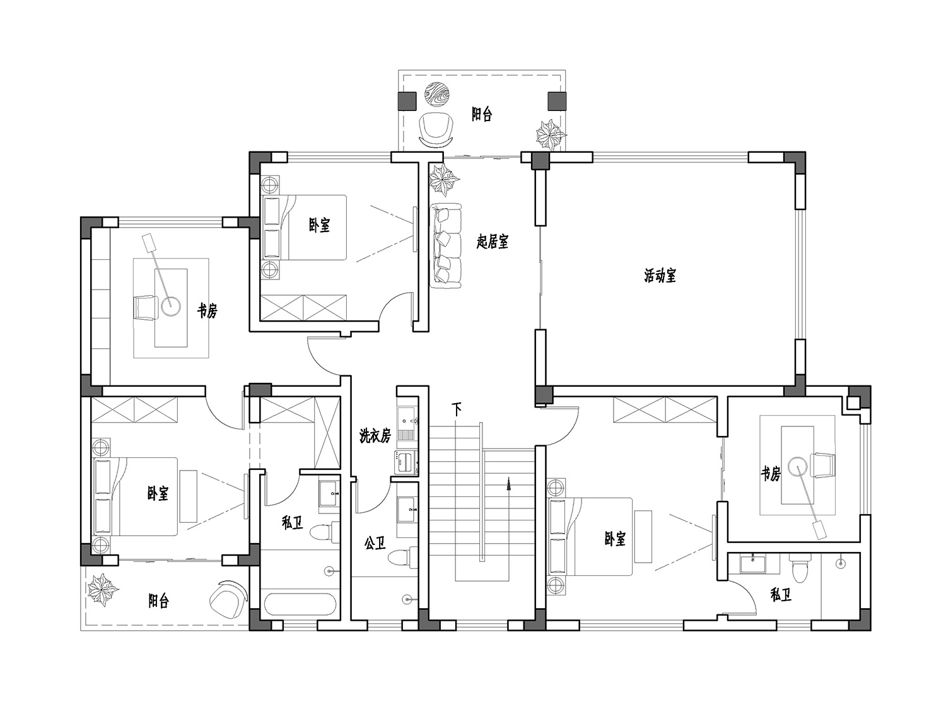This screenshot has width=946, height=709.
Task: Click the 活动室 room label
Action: pos(660,276)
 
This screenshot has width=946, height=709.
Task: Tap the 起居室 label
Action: pos(492,242)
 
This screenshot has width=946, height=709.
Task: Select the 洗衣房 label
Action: pos(375,436)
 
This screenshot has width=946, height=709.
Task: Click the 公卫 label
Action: pos(375,543)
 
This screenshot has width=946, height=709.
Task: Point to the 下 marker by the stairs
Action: pos(457,409)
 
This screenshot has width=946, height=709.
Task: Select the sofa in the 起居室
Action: pos(447,245)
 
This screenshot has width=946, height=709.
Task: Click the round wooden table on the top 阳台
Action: pos(437,95)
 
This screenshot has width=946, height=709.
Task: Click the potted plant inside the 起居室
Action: pos(444,179)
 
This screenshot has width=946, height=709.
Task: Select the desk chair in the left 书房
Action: pos(145,308)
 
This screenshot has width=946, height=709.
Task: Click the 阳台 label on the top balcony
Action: pos(481,115)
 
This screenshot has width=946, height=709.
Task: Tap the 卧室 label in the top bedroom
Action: pos(319,225)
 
